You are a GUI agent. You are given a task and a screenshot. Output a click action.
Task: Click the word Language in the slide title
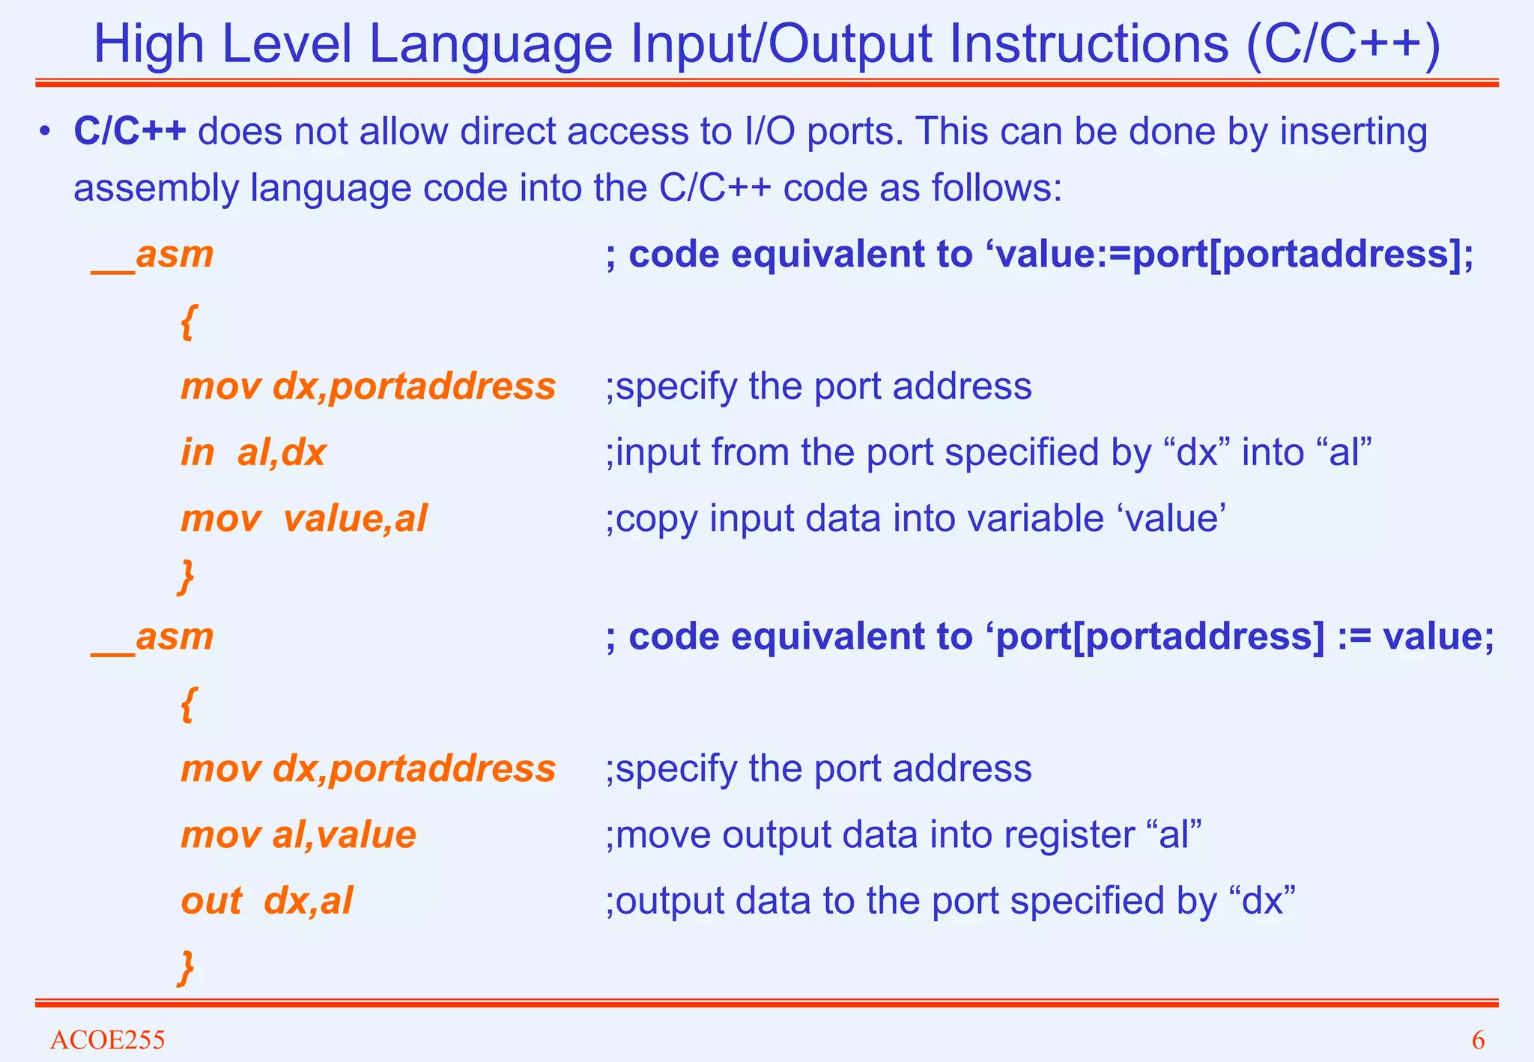(491, 45)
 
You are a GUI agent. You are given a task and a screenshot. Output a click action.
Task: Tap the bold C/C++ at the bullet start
(130, 132)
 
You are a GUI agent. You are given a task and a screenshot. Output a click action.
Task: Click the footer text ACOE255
(107, 1040)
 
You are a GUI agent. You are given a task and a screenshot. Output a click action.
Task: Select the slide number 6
(1478, 1040)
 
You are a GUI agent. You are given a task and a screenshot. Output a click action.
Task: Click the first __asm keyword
(153, 255)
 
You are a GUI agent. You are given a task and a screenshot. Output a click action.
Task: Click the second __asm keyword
(153, 637)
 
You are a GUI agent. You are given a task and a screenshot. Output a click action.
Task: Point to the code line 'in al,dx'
(253, 453)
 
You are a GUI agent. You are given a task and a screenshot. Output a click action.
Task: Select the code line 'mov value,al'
(303, 518)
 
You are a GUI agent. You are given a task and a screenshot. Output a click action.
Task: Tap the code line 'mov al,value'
(298, 835)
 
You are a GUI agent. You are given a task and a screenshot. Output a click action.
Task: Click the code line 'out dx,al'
(267, 901)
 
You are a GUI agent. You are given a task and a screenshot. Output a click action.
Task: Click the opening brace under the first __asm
(188, 324)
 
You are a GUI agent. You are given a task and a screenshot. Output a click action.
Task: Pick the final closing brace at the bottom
(187, 967)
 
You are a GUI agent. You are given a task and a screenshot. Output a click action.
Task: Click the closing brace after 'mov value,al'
(187, 576)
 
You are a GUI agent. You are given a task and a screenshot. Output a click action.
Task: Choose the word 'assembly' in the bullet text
(156, 189)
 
